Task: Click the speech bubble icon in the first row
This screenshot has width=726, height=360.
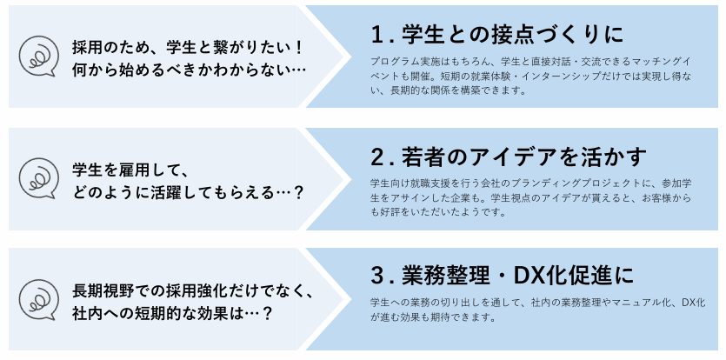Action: [37, 57]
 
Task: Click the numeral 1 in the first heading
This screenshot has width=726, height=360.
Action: [376, 36]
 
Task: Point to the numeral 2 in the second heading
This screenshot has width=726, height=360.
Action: [376, 157]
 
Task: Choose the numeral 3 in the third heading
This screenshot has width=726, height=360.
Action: [376, 276]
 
